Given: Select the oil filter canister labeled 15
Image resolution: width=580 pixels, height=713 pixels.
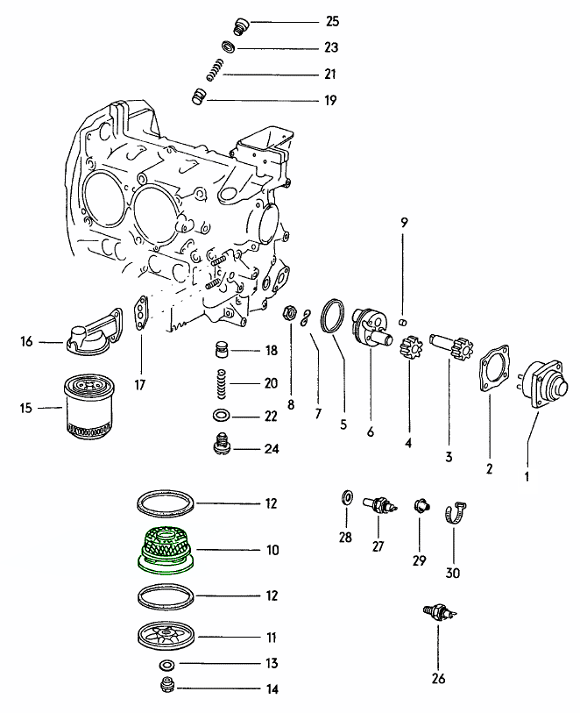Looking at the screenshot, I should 87,407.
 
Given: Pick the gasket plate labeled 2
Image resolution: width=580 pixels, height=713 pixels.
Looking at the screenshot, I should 492,368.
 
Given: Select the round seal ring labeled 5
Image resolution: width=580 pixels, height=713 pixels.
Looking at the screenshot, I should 332,317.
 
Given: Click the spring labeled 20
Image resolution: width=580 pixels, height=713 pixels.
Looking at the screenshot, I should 222,383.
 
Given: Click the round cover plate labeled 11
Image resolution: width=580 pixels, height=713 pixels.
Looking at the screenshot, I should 166,635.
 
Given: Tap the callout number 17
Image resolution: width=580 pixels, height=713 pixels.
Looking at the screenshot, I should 140,384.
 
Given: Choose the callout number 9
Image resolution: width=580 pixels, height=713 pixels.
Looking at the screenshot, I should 404,223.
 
